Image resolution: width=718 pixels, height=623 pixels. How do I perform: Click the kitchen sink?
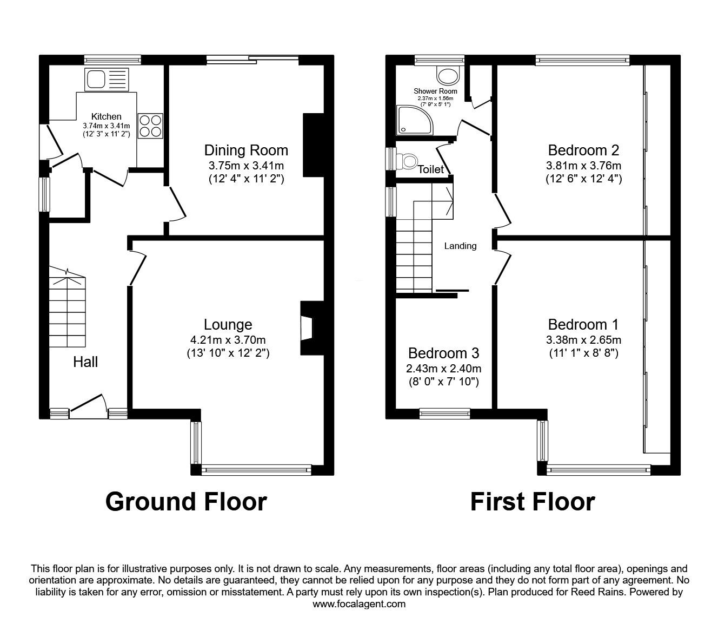tap(107, 80)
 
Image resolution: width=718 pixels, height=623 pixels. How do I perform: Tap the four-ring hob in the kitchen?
tap(150, 126)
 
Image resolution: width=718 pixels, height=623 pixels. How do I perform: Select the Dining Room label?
tap(247, 150)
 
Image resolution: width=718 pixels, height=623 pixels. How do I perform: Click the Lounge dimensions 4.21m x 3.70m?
tap(228, 339)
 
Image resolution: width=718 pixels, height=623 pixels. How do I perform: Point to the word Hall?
tap(85, 362)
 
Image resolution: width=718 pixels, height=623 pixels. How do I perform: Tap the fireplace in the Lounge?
tap(312, 329)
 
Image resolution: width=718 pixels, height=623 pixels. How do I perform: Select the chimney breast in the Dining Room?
tap(314, 145)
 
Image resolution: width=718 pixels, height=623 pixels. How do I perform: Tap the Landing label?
tap(460, 246)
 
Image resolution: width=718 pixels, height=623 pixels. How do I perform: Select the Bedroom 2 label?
tap(583, 150)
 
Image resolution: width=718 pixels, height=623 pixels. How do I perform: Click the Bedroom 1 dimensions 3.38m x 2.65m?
tap(583, 339)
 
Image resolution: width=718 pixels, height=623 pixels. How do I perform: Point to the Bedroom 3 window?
tap(444, 414)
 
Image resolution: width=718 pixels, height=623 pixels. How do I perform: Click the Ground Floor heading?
tap(186, 502)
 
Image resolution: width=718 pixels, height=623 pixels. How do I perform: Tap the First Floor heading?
tap(533, 502)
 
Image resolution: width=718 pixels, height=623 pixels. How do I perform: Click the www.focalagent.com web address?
tap(359, 604)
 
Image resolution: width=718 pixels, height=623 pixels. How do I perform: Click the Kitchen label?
tap(107, 116)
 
